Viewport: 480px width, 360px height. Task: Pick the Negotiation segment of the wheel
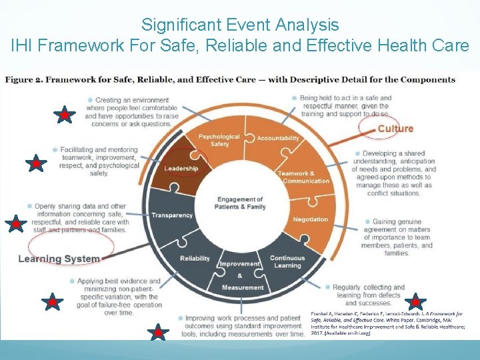point(310,219)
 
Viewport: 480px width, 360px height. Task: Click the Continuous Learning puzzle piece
point(287,261)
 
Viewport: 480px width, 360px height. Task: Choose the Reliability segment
point(195,259)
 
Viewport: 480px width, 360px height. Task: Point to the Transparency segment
point(172,215)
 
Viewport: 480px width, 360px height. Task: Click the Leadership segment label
point(181,169)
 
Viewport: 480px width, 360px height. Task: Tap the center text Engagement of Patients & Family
point(240,203)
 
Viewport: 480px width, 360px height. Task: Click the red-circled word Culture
point(395,129)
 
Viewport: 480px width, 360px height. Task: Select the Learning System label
point(59,259)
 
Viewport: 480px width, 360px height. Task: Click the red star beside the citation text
point(415,301)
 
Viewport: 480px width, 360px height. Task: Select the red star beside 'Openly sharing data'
point(15,224)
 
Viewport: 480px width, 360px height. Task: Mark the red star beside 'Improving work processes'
point(157,331)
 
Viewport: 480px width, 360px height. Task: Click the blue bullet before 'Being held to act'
point(294,98)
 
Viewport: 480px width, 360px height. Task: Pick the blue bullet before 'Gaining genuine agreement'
point(367,222)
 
